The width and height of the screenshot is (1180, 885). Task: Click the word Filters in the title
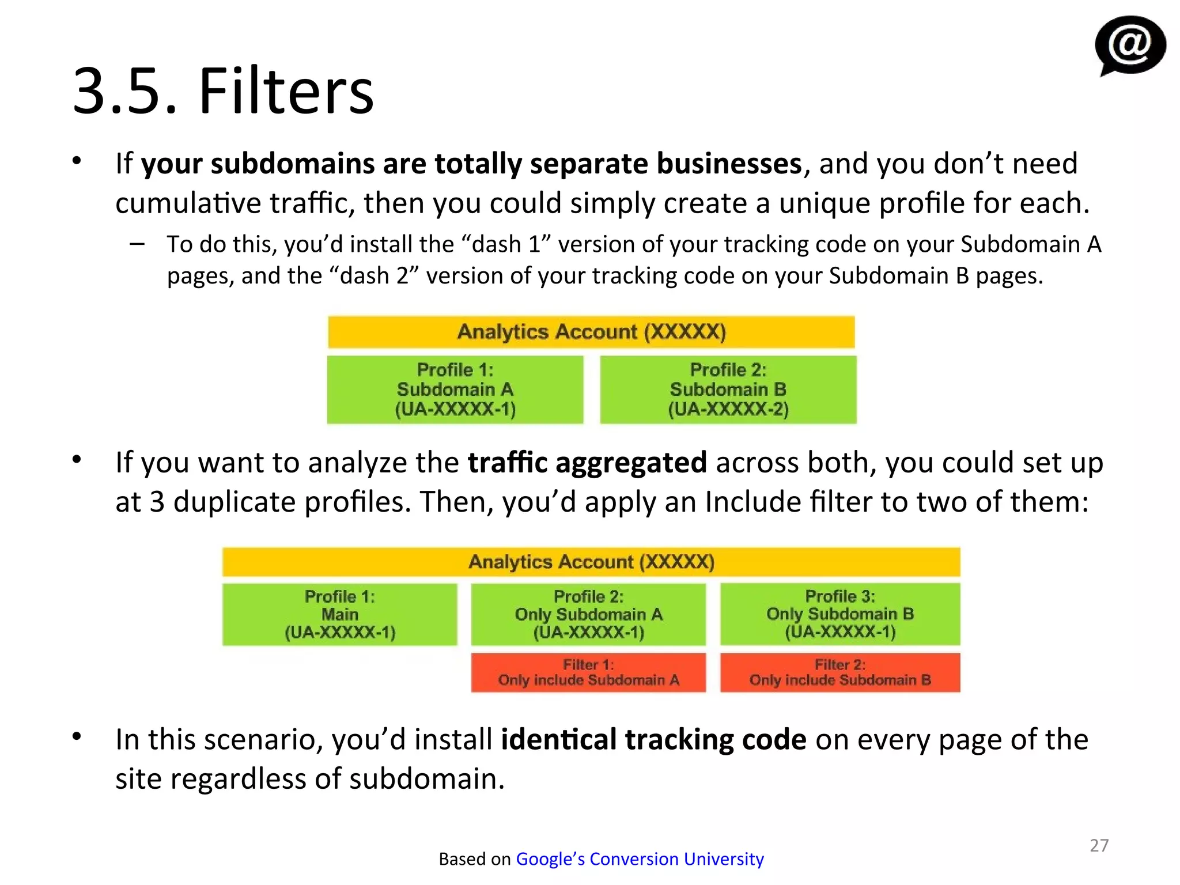[x=286, y=91]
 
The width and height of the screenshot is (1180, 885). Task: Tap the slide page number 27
[x=1099, y=845]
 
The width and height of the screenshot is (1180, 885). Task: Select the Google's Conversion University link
[x=640, y=859]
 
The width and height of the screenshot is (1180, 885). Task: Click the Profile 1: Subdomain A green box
[x=455, y=389]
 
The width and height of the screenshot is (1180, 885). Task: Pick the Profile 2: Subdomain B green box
[x=728, y=389]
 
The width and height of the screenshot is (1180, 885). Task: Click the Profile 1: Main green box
[x=340, y=614]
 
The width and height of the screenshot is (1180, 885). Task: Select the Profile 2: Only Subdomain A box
[x=588, y=614]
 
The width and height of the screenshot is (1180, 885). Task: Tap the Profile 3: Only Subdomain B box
[x=840, y=614]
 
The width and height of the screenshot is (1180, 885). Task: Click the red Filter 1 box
[x=588, y=672]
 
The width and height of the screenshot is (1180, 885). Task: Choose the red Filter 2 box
[x=840, y=672]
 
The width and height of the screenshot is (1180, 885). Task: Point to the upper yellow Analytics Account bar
[x=591, y=332]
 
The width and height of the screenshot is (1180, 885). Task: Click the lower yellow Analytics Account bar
[x=591, y=562]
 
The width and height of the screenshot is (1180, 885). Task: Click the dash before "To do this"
[x=137, y=244]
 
